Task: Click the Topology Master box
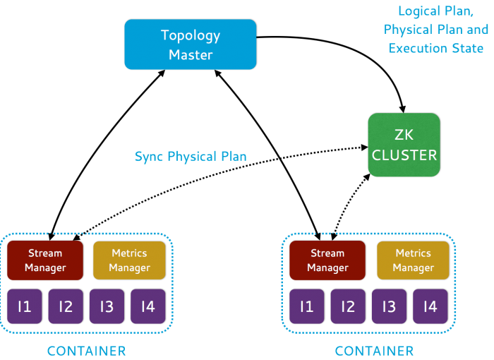point(191,44)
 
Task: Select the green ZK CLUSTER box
point(404,145)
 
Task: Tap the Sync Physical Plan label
point(191,156)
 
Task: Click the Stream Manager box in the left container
point(45,260)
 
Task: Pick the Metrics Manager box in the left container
point(129,260)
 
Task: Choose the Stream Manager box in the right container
point(327,260)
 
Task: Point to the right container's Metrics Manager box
point(413,260)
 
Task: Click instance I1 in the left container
point(25,306)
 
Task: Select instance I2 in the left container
point(66,306)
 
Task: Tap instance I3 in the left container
point(107,306)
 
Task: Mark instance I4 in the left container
point(147,306)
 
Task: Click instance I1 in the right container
point(307,306)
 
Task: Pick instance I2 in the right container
point(348,306)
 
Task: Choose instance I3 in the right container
point(389,306)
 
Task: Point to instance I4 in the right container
point(430,306)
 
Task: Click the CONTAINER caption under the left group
point(86,351)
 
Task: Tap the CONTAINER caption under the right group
point(374,351)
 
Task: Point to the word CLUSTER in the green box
point(404,155)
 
